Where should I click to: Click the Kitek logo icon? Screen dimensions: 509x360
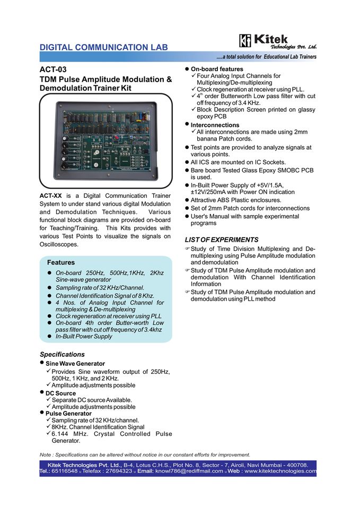point(245,41)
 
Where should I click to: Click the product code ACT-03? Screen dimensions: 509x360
point(53,69)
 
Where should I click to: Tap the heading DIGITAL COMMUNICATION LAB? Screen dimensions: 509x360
point(104,47)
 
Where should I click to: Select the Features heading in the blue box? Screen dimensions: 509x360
point(61,262)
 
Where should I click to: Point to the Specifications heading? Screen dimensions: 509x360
point(62,354)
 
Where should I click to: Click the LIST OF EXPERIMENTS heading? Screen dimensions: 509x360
point(221,240)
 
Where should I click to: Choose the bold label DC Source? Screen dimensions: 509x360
point(60,393)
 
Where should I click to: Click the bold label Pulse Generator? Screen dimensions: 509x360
point(68,414)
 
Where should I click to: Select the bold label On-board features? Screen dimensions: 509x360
point(217,69)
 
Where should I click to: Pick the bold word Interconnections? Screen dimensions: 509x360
point(215,125)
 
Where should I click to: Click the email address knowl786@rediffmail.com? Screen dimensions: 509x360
point(189,471)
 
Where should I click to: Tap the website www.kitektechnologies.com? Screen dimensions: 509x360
point(280,471)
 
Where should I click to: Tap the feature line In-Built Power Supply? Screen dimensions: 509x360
point(84,336)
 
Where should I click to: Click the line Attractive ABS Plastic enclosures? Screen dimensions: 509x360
point(236,200)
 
